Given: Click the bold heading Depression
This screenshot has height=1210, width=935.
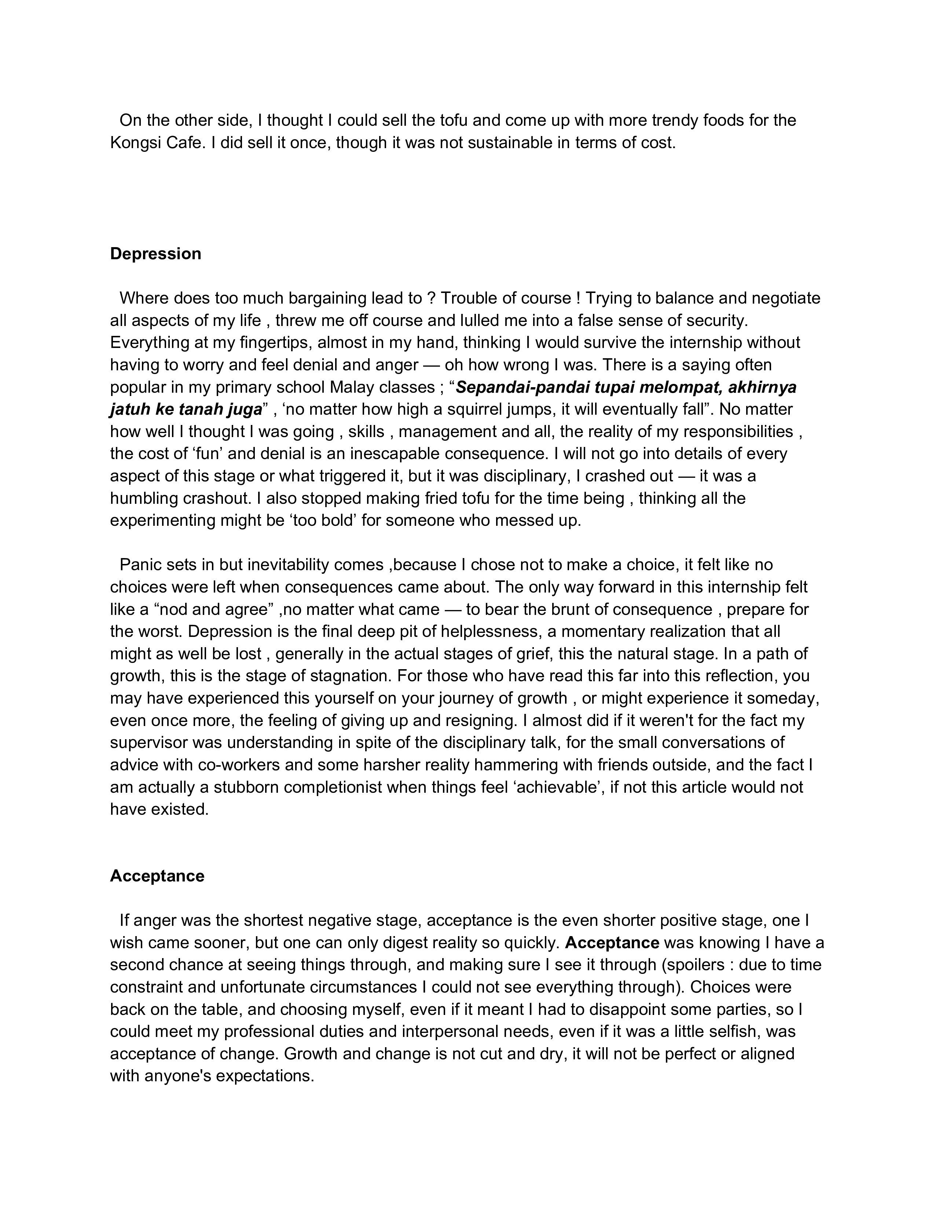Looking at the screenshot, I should click(155, 254).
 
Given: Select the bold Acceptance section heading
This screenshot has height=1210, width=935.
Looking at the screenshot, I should click(157, 876).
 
